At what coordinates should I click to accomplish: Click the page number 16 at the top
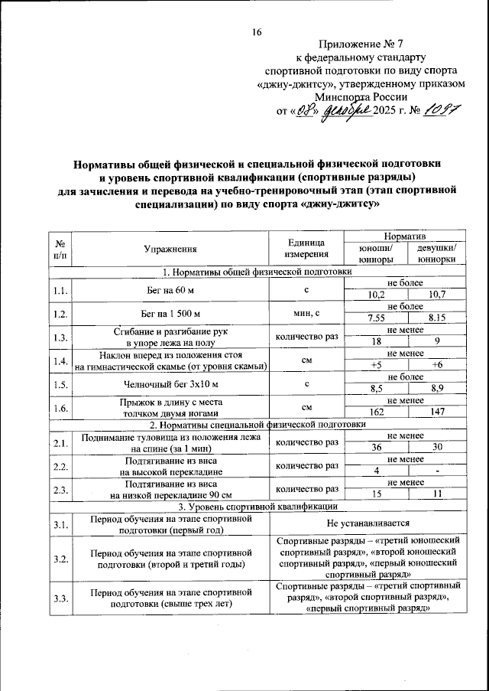point(257,32)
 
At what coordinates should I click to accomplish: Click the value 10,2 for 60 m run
point(376,295)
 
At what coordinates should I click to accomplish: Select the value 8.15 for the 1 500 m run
point(437,318)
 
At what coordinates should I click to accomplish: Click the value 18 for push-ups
point(376,341)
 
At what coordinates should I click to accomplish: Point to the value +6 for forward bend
point(437,365)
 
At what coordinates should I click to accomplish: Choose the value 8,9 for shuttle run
point(437,389)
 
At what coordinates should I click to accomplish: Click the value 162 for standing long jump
point(376,412)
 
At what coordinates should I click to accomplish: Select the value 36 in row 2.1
point(376,447)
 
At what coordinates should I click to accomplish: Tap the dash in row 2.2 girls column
point(437,471)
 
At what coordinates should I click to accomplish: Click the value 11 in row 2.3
point(437,494)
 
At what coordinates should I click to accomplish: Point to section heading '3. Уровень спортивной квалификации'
point(256,506)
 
